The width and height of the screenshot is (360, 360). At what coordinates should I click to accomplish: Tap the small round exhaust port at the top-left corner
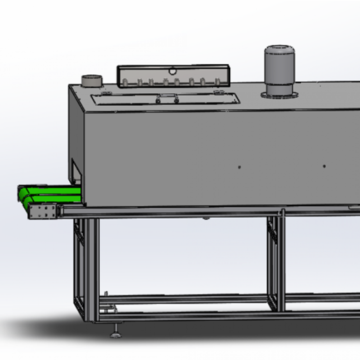pyautogui.click(x=91, y=80)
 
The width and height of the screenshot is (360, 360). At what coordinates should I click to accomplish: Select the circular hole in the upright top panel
pyautogui.click(x=173, y=71)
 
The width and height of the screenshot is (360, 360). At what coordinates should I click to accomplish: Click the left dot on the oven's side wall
pyautogui.click(x=239, y=167)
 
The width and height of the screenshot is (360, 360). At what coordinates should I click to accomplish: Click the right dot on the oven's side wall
pyautogui.click(x=324, y=166)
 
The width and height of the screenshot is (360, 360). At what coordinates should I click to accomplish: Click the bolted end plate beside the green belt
pyautogui.click(x=43, y=212)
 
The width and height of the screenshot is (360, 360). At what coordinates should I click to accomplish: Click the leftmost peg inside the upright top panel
pyautogui.click(x=125, y=83)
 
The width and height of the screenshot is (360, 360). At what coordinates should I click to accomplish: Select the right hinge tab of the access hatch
pyautogui.click(x=217, y=93)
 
